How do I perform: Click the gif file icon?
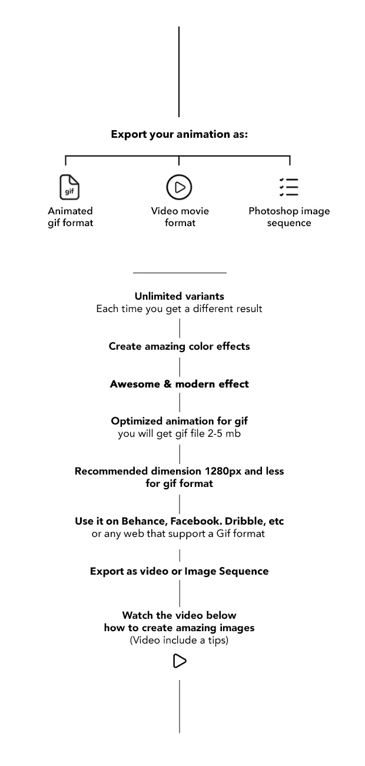[69, 187]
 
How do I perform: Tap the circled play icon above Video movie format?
[179, 187]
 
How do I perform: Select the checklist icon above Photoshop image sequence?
[288, 187]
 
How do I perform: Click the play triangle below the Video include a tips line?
[180, 661]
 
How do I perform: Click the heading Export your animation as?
[179, 134]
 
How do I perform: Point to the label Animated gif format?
[70, 217]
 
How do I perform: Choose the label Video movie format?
[180, 217]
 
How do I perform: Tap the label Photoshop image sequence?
[289, 217]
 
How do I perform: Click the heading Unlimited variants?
[179, 296]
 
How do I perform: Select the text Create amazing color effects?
[179, 346]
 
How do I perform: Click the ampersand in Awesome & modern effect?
[167, 384]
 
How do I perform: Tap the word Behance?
[144, 521]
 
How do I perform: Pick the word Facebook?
[195, 521]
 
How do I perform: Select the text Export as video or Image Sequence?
[179, 571]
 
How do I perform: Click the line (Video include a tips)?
[179, 640]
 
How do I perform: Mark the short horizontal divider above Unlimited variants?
[180, 273]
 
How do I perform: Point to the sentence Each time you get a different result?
[179, 309]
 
